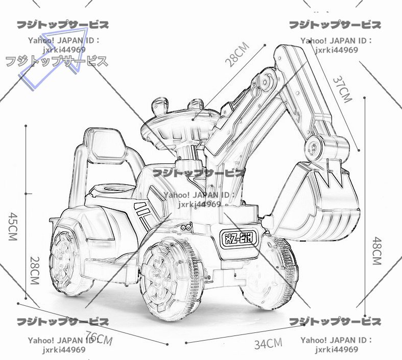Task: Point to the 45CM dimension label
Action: tap(14, 226)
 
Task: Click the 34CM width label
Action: tap(268, 344)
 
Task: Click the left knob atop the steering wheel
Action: tap(159, 106)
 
